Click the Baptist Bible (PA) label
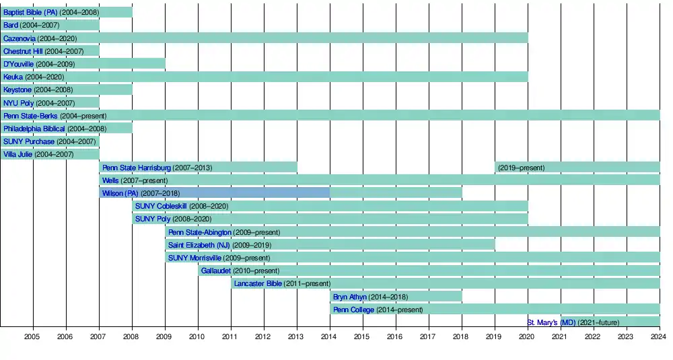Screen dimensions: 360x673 coord(30,12)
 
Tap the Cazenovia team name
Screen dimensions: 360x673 coord(20,38)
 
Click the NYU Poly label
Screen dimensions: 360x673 coord(18,103)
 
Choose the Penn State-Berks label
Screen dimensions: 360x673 coord(30,116)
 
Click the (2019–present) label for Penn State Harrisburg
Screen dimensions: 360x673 coord(522,168)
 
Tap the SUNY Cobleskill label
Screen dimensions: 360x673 coord(161,206)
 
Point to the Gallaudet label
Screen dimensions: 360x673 coord(216,271)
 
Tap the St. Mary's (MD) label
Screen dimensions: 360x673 coord(551,322)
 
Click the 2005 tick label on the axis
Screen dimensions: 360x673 coord(33,336)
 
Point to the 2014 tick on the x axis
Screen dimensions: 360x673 coord(330,336)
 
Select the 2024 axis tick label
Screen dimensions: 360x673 coord(659,336)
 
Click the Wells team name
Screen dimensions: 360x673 coord(110,180)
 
